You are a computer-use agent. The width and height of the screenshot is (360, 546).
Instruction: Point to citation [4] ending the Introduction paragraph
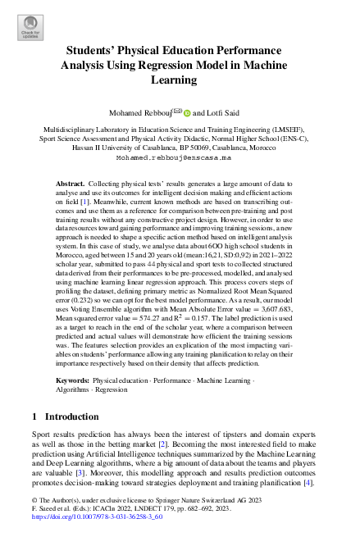pos(308,483)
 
